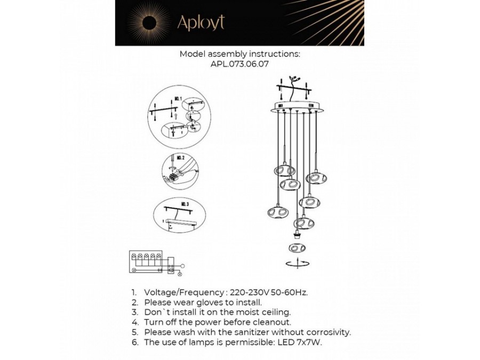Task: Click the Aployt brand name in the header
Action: (201, 22)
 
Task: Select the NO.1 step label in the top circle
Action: (178, 99)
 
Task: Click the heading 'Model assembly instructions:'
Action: (239, 53)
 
